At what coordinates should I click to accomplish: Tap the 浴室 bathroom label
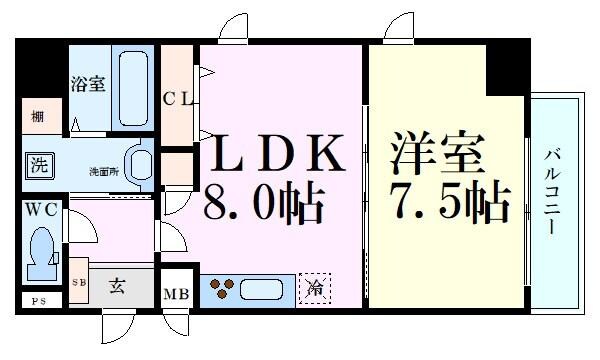(x=87, y=85)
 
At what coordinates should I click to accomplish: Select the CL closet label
(x=181, y=98)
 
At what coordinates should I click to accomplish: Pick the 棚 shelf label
(x=37, y=116)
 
